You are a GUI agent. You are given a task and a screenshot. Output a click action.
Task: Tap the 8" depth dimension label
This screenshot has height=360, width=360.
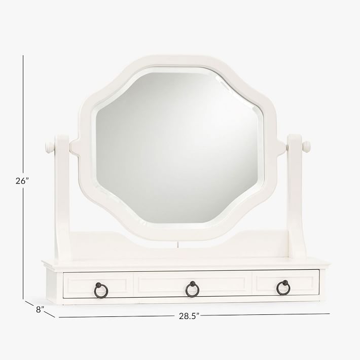tap(41, 309)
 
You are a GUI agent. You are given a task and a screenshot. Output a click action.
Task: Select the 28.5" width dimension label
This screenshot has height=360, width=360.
tap(189, 316)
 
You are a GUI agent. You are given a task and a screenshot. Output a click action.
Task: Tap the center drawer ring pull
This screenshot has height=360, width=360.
tap(192, 289)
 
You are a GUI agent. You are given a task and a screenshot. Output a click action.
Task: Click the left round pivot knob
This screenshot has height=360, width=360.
tap(49, 147)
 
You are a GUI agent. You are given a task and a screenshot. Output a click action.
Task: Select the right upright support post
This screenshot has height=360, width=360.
tap(295, 198)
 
